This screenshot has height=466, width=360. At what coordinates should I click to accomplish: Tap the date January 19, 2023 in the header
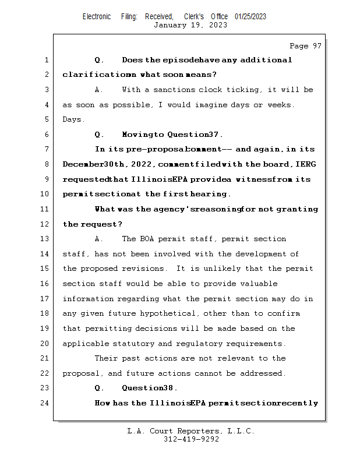click(x=190, y=25)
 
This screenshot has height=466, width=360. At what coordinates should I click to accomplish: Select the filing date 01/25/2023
click(x=250, y=16)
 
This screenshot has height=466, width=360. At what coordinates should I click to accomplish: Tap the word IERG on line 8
click(x=306, y=164)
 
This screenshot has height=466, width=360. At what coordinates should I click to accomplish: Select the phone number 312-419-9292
click(x=190, y=439)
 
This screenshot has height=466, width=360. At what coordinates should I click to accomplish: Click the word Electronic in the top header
click(x=97, y=16)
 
